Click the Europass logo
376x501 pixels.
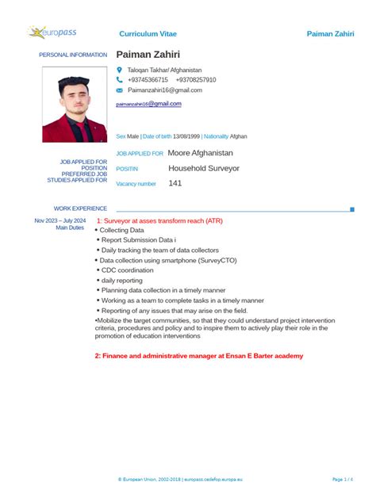[x=52, y=33]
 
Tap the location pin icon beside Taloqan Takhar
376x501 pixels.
[x=120, y=70]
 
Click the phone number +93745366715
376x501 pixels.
[x=148, y=80]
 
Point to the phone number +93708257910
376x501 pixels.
[x=195, y=80]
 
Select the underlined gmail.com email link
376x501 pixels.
[x=149, y=104]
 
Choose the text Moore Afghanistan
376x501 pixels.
[x=201, y=152]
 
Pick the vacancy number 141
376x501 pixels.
[x=175, y=183]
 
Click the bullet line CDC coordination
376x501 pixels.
[x=127, y=270]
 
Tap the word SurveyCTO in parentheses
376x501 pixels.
[x=215, y=259]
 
